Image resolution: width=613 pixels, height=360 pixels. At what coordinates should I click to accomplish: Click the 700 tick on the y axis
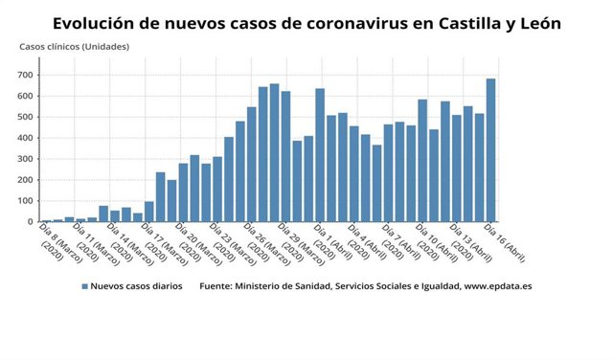pyautogui.click(x=24, y=76)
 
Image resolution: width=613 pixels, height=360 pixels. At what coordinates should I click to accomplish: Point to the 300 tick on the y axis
pyautogui.click(x=24, y=159)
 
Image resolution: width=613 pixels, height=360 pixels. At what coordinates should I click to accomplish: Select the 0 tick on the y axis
pyautogui.click(x=30, y=222)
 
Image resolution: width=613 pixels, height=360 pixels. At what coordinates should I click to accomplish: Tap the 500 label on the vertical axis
pyautogui.click(x=24, y=118)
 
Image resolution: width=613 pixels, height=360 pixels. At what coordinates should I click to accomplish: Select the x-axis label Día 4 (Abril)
pyautogui.click(x=365, y=243)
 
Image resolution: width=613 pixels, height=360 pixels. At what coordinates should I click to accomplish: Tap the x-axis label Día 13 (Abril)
pyautogui.click(x=468, y=243)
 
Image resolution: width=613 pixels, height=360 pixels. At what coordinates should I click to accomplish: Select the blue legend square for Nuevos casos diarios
pyautogui.click(x=85, y=287)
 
